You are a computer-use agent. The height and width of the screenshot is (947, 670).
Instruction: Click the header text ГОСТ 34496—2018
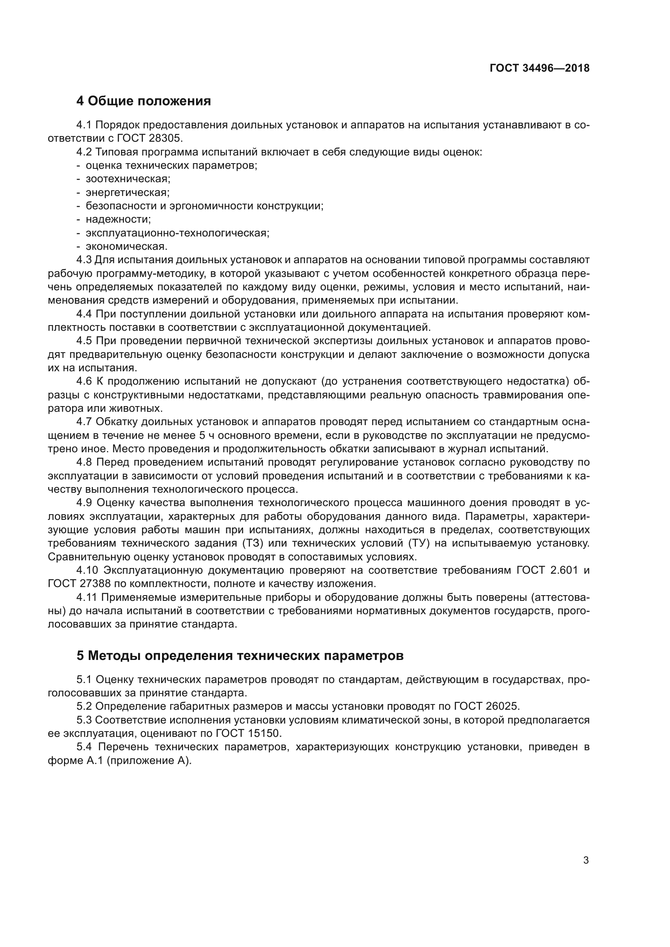(539, 68)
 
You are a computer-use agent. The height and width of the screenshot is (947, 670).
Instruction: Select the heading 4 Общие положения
(143, 101)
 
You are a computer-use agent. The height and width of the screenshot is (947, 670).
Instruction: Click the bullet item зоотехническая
(128, 179)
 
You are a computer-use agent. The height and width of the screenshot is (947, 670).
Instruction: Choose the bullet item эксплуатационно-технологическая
(177, 233)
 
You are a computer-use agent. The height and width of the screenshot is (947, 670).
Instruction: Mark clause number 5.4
(84, 747)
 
